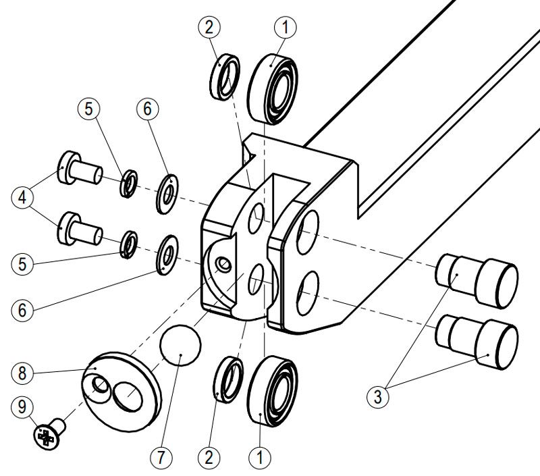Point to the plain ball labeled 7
click(x=181, y=346)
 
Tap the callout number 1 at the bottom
click(x=259, y=457)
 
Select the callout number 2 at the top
click(x=210, y=27)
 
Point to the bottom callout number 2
click(x=210, y=457)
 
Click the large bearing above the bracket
click(x=273, y=89)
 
